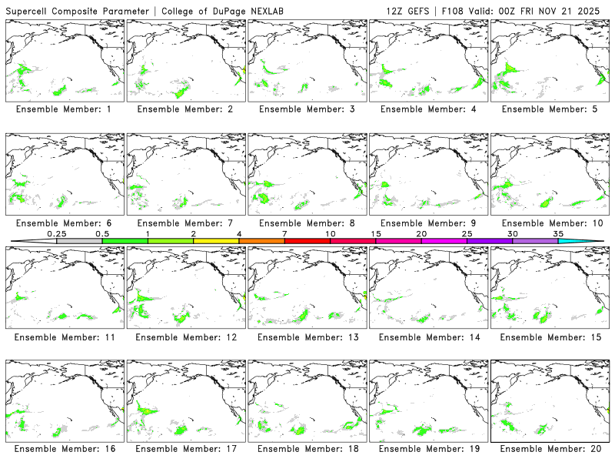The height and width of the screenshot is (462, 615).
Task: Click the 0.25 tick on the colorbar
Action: [x=56, y=233]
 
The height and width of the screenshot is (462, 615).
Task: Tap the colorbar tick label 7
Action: [x=284, y=233]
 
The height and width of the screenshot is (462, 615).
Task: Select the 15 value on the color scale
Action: [x=376, y=233]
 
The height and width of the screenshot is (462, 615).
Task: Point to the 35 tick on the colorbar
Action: [x=559, y=233]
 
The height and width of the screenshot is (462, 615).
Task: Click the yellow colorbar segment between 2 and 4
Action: [x=216, y=241]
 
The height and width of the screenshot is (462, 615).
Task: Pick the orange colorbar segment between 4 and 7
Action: [x=261, y=241]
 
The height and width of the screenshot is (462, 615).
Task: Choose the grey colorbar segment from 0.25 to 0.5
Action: [x=79, y=241]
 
